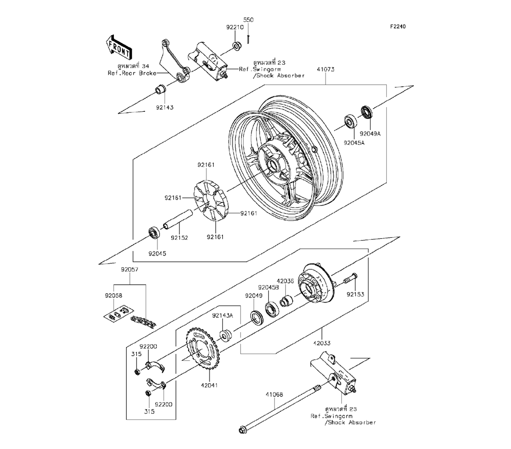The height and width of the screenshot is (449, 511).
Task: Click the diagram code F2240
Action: [398, 27]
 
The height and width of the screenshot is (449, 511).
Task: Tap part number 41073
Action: [325, 69]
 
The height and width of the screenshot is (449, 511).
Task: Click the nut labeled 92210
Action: [237, 46]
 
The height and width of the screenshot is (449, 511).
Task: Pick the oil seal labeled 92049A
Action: [367, 112]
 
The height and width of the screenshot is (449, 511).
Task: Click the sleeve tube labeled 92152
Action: [178, 221]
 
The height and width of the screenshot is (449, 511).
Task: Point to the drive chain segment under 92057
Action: [144, 321]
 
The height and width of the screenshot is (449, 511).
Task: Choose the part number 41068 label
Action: [274, 395]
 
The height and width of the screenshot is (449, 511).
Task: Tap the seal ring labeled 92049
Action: [256, 318]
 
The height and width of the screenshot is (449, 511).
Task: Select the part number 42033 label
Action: [322, 343]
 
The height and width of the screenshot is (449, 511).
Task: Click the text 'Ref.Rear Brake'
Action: [132, 73]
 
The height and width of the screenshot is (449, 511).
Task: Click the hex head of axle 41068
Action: [243, 430]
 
